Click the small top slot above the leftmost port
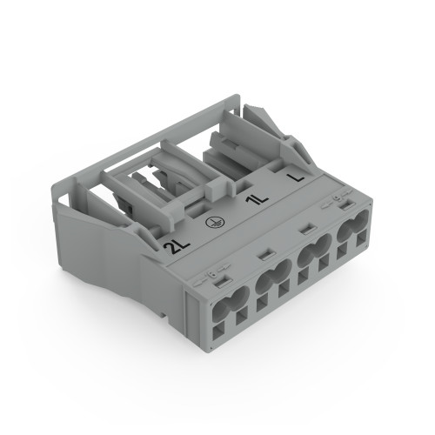(217, 278)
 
